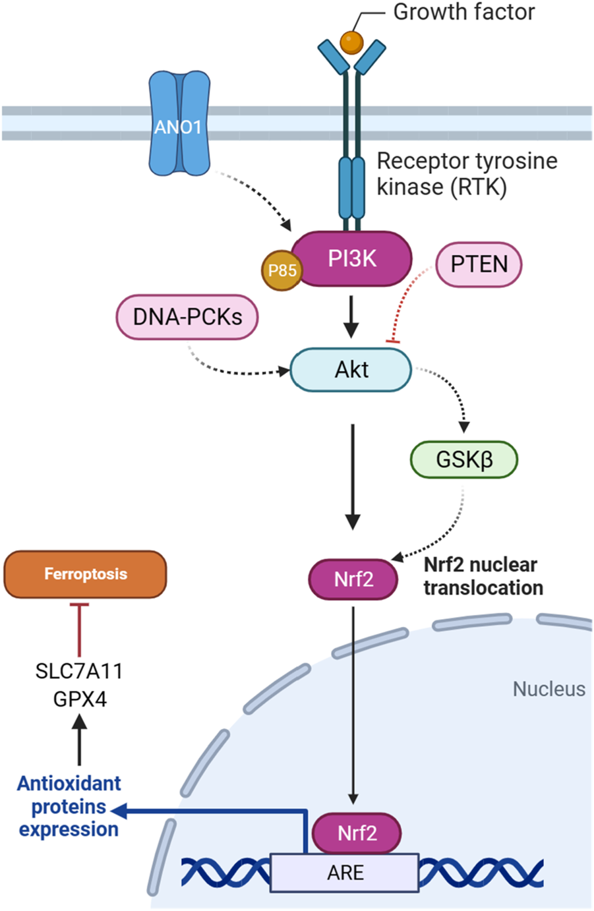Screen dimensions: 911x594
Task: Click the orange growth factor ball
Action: [x=351, y=42]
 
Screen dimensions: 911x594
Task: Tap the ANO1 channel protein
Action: [x=179, y=125]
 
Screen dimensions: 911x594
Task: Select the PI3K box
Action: [x=352, y=258]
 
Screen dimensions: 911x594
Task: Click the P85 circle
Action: [x=282, y=270]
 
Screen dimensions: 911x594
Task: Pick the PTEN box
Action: [x=479, y=264]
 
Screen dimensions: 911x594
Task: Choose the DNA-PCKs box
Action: [x=187, y=317]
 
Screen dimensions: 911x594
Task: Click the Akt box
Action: [x=351, y=370]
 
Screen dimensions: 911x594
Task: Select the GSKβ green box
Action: [x=464, y=459]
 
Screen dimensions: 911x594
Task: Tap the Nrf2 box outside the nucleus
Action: [x=353, y=579]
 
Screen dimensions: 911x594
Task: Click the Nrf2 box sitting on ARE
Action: [x=357, y=833]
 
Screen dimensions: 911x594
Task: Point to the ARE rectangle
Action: [x=345, y=873]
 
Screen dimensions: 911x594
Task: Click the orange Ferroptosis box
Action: [x=85, y=574]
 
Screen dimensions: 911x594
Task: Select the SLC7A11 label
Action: [x=79, y=671]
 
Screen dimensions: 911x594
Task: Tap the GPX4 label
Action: [x=80, y=699]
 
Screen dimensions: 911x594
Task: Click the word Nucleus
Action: [x=549, y=689]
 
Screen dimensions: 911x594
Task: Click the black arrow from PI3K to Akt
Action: [x=351, y=316]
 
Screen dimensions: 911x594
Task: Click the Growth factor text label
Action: [x=463, y=12]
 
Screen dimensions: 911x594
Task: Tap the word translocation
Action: [x=483, y=587]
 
